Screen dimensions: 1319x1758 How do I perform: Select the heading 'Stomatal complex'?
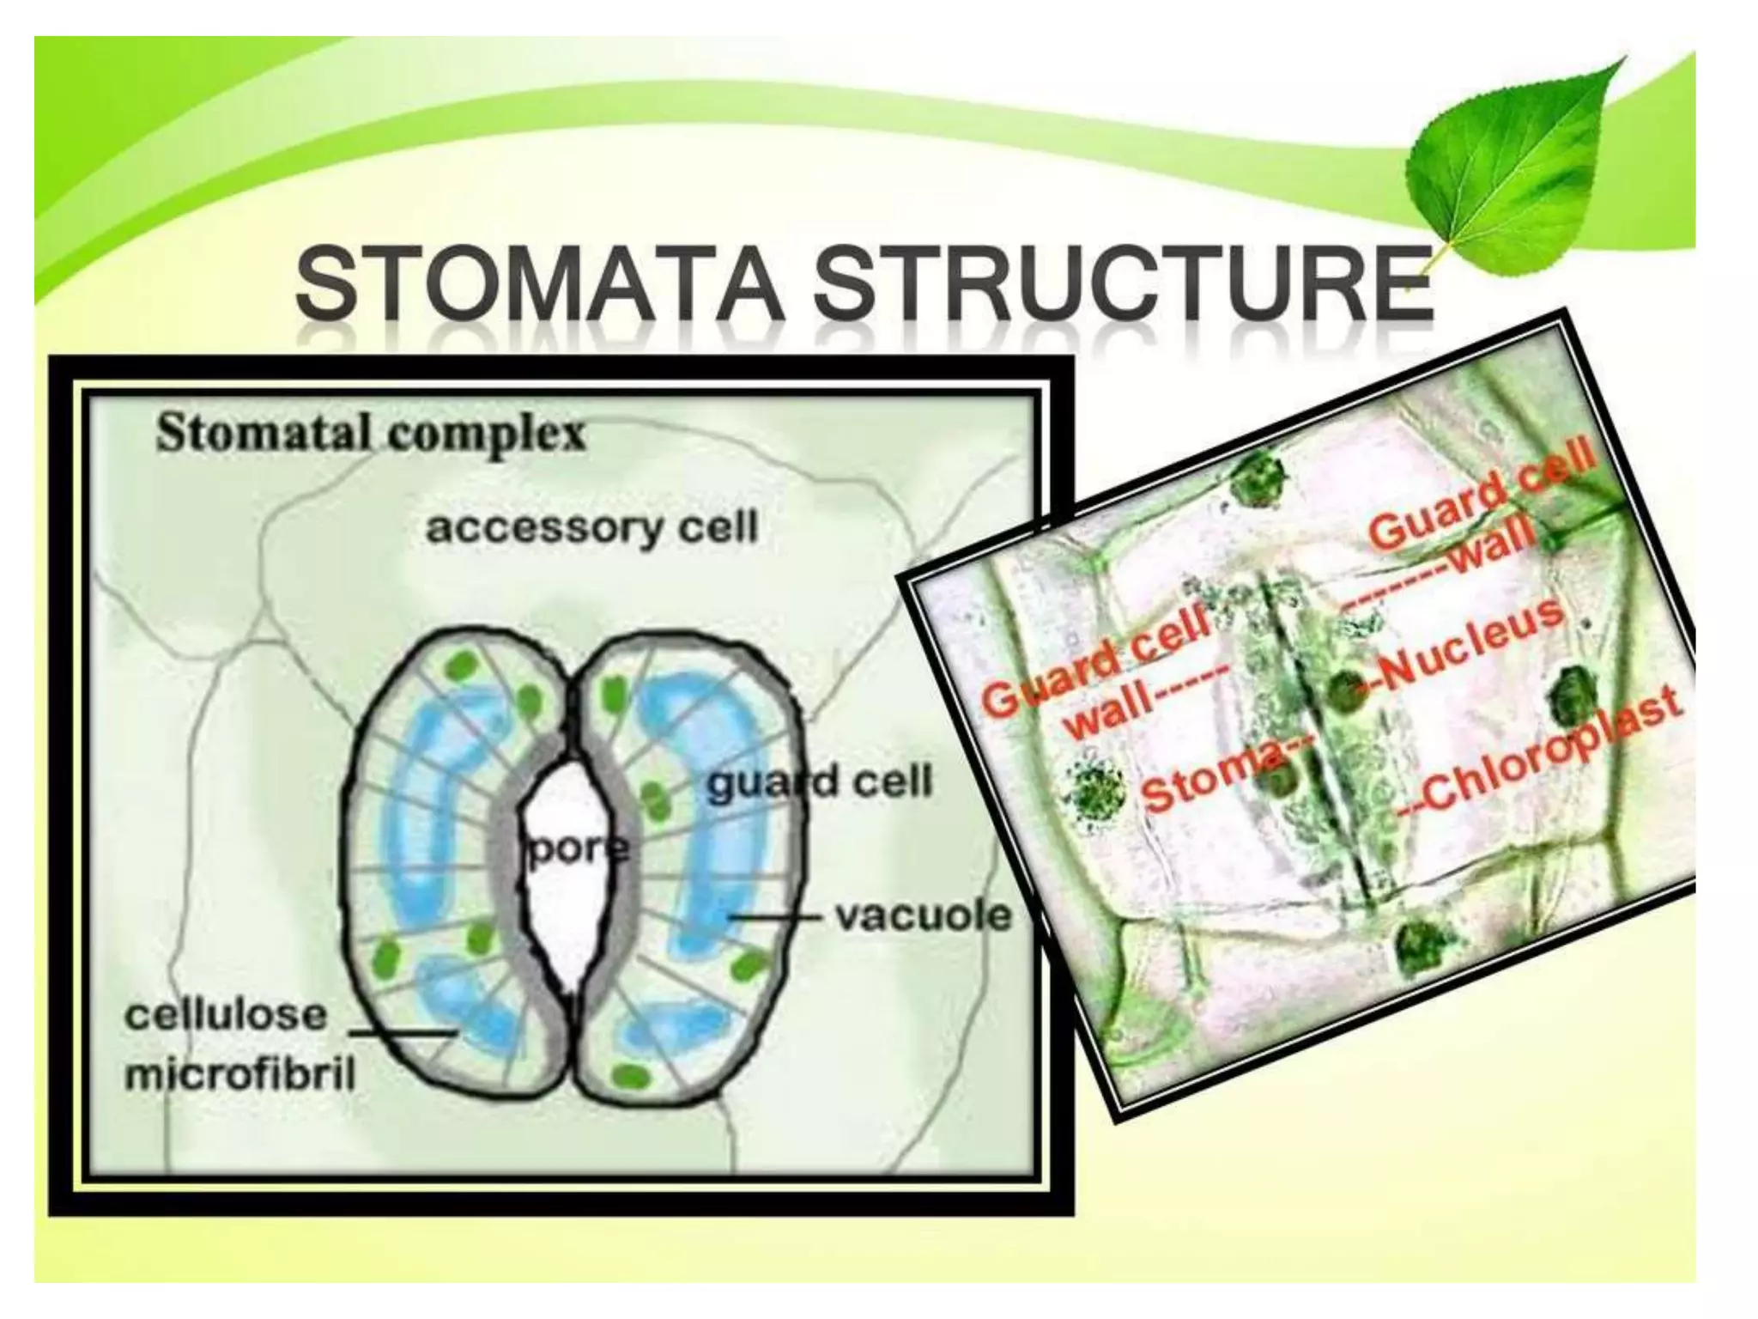tap(371, 436)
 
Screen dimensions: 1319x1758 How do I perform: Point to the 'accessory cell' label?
tap(592, 526)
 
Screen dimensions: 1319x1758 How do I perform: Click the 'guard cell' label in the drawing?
tap(819, 782)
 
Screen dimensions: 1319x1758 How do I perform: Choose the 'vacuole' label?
tap(924, 916)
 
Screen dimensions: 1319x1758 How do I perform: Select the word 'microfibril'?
tap(240, 1075)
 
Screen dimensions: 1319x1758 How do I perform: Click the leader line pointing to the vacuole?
tap(777, 917)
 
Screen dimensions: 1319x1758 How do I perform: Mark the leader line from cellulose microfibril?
tap(400, 1030)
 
